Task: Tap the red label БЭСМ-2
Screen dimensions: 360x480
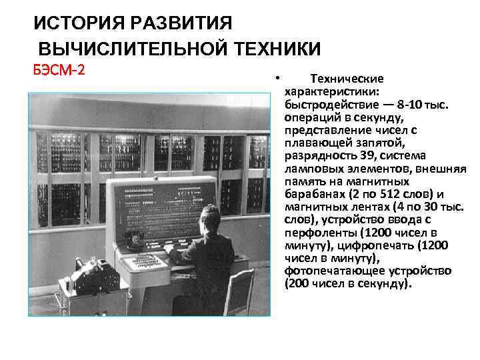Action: (59, 70)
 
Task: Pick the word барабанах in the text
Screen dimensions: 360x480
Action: (313, 193)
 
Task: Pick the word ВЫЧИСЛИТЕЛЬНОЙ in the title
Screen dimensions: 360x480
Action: (133, 49)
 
